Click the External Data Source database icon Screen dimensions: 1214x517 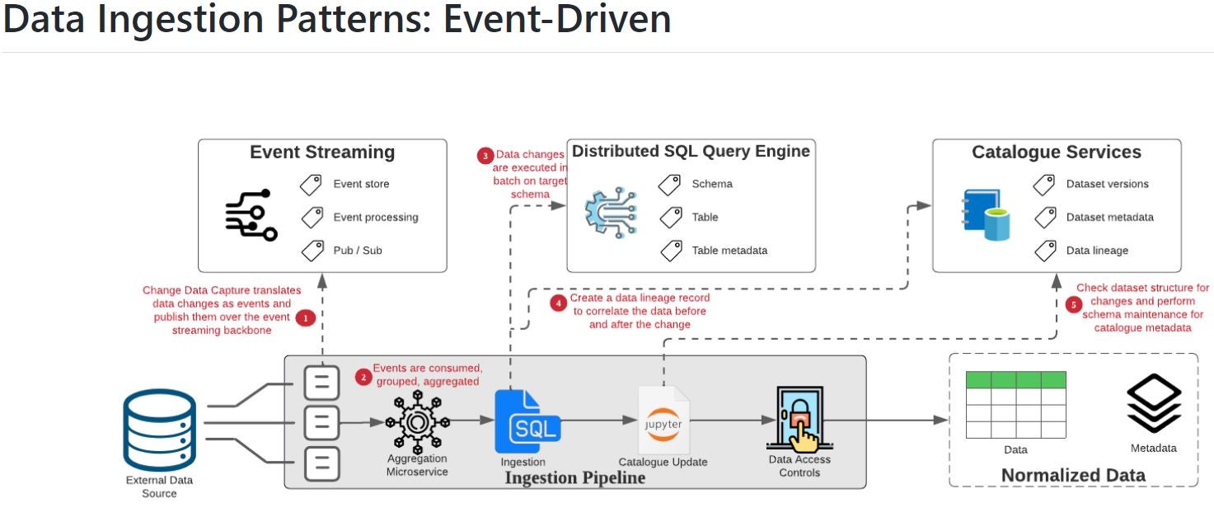pos(159,430)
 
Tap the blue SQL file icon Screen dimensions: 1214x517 pos(527,421)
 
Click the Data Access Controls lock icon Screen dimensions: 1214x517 pos(799,419)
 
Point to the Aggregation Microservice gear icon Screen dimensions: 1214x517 pos(417,421)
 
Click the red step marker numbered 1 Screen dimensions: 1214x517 pos(306,318)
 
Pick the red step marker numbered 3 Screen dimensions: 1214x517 pos(485,156)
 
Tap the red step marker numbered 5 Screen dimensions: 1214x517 pos(1073,305)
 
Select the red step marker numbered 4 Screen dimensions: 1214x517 pos(558,303)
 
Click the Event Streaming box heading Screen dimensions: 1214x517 pos(322,152)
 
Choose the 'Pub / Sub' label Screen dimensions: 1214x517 pos(358,251)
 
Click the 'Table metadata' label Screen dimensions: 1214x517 pos(729,251)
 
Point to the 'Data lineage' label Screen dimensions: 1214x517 pos(1098,251)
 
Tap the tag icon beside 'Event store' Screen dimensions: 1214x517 pos(311,185)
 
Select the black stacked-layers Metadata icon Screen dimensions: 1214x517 pos(1154,403)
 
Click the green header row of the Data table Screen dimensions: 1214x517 pos(1015,380)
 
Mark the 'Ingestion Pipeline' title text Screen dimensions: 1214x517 pos(575,478)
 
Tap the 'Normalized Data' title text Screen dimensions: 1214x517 pos(1073,475)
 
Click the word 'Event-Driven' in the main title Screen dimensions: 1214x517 pos(557,20)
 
